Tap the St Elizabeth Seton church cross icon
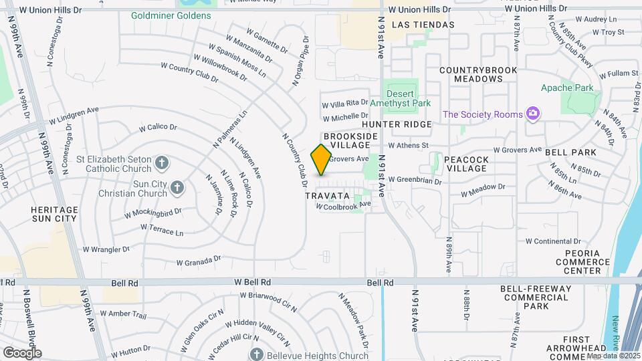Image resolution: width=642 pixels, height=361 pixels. (x=161, y=162)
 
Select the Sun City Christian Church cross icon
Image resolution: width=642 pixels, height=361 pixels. (x=177, y=187)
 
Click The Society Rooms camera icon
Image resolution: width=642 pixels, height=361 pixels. (x=532, y=114)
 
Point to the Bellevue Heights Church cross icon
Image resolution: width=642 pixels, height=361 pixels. (x=255, y=353)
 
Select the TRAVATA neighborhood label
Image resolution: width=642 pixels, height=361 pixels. (x=327, y=196)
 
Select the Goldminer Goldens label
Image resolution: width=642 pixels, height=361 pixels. (x=161, y=15)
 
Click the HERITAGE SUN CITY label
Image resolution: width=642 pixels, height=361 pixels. (x=54, y=214)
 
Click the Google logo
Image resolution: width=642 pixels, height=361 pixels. (x=22, y=352)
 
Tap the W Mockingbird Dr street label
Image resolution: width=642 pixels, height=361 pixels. (x=153, y=214)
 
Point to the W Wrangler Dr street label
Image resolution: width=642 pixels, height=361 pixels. (x=106, y=249)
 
